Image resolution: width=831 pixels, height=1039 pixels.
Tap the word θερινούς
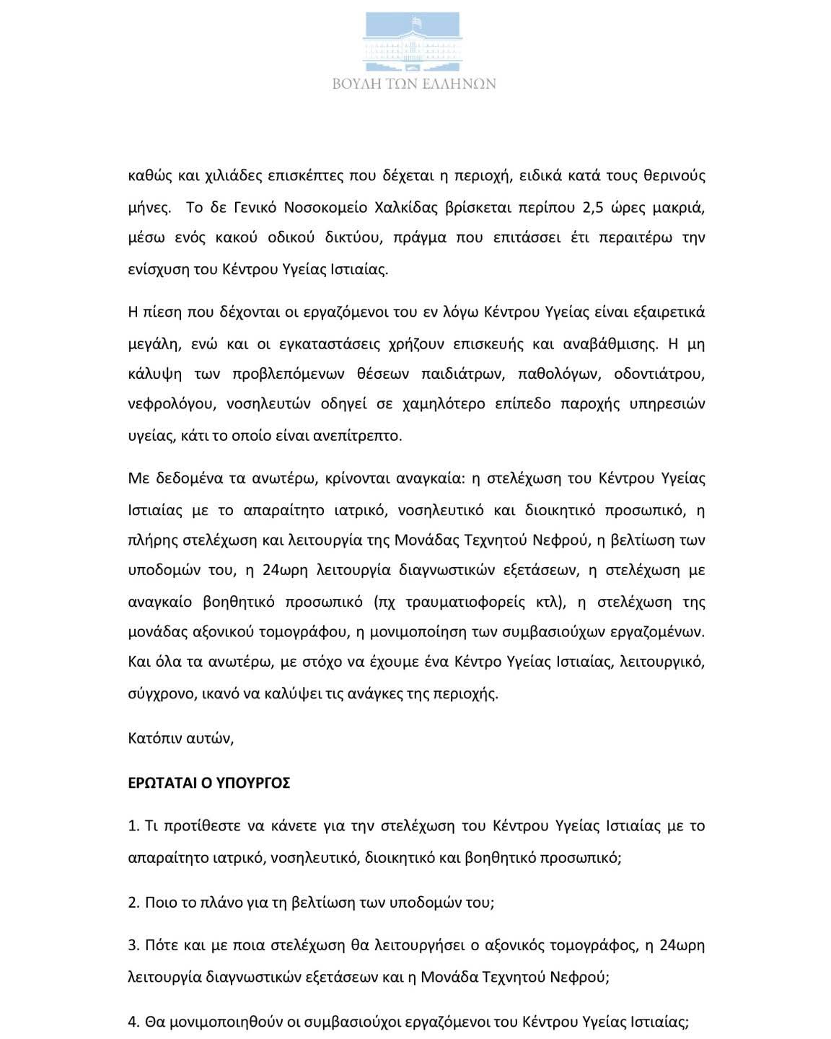(672, 175)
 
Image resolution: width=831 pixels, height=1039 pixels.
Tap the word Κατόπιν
(154, 738)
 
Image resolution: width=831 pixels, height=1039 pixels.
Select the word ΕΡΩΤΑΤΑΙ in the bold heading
(162, 783)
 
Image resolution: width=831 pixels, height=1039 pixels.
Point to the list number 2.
(133, 903)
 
